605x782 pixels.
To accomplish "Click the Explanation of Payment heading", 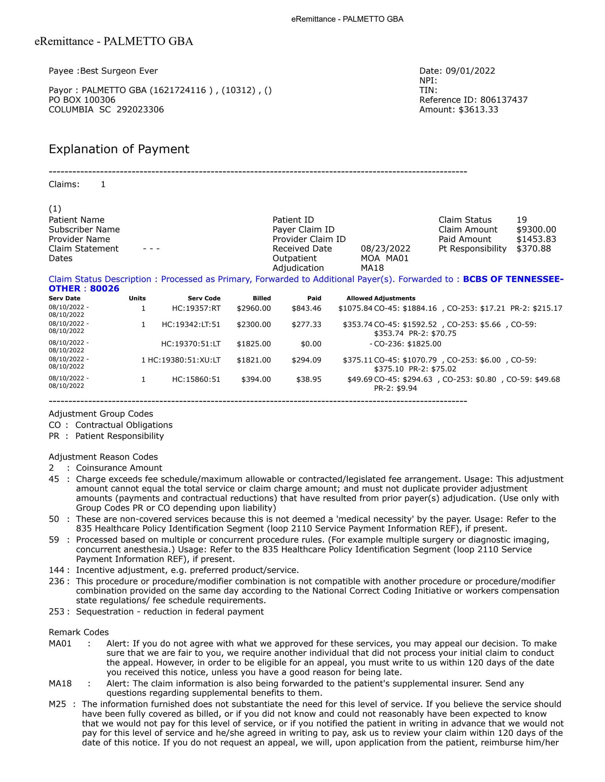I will pyautogui.click(x=119, y=149).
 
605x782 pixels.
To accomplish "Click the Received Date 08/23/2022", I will pyautogui.click(x=386, y=249).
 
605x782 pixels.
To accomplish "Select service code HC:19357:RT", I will pyautogui.click(x=196, y=308).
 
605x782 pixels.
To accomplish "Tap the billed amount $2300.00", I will pyautogui.click(x=254, y=325).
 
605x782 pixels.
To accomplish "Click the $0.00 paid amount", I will pyautogui.click(x=311, y=344).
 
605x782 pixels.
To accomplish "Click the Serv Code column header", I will pyautogui.click(x=204, y=298).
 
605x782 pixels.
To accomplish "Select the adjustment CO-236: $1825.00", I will pyautogui.click(x=407, y=344).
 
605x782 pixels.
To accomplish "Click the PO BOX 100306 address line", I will pyautogui.click(x=82, y=100).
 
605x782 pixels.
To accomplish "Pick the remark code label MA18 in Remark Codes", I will pyautogui.click(x=60, y=683).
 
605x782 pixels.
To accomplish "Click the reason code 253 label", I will pyautogui.click(x=57, y=612).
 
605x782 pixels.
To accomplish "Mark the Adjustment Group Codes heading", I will pyautogui.click(x=101, y=414).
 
